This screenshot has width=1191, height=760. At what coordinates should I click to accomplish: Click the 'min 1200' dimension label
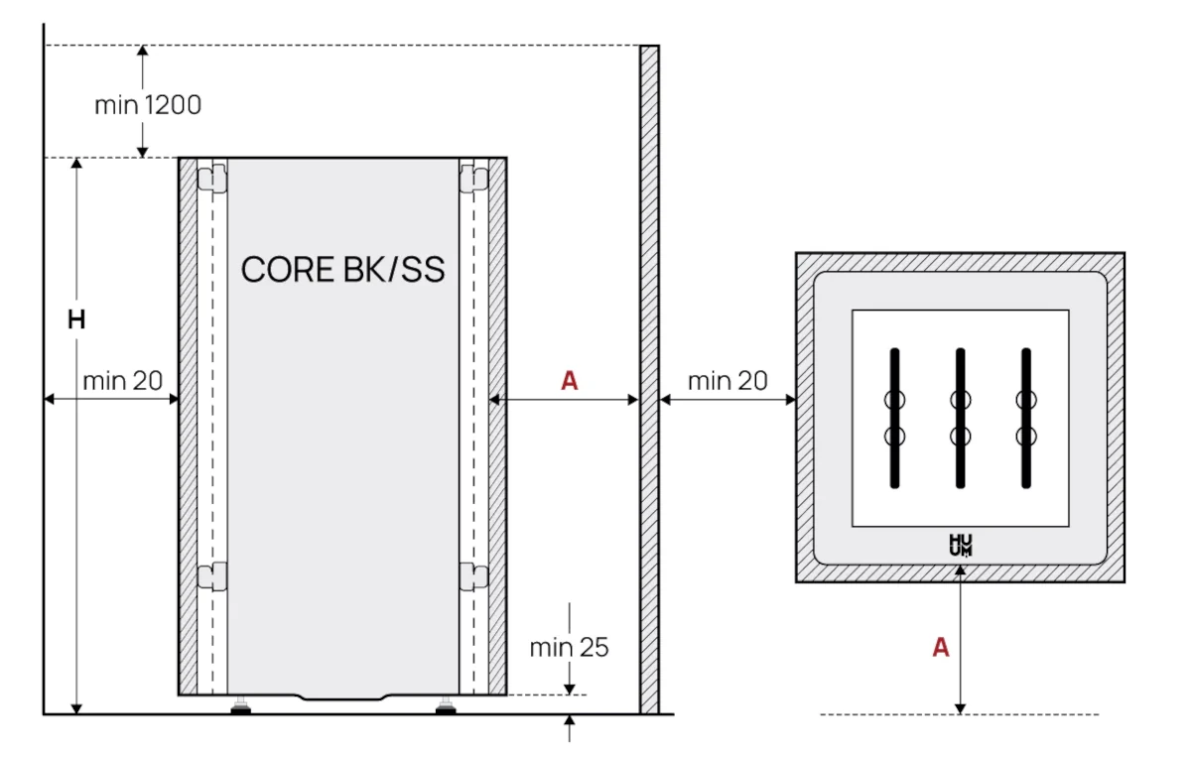click(x=148, y=104)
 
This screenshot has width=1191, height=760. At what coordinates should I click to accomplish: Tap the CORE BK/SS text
click(x=342, y=269)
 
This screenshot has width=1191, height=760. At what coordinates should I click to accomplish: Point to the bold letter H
click(x=76, y=319)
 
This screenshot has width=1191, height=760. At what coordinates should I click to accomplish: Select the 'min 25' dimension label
click(x=568, y=648)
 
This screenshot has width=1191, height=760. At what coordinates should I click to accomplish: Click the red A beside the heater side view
click(x=569, y=380)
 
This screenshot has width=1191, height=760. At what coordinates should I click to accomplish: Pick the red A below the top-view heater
click(x=940, y=648)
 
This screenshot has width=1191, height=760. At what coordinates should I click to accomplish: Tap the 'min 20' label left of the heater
click(x=122, y=380)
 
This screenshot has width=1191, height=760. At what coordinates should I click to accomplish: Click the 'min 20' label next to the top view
click(x=728, y=380)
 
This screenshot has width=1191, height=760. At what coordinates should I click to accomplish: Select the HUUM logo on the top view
click(x=960, y=545)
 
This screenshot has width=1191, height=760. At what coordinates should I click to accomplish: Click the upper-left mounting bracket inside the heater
click(x=211, y=179)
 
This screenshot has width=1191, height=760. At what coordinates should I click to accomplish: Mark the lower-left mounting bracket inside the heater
click(x=211, y=575)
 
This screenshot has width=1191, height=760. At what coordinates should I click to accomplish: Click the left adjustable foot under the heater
click(x=240, y=706)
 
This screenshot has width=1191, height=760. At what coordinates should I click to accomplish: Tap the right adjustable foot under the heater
click(x=446, y=706)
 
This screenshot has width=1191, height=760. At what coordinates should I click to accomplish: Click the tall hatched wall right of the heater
click(x=649, y=377)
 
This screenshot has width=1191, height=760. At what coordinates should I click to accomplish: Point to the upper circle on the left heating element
click(x=894, y=401)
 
